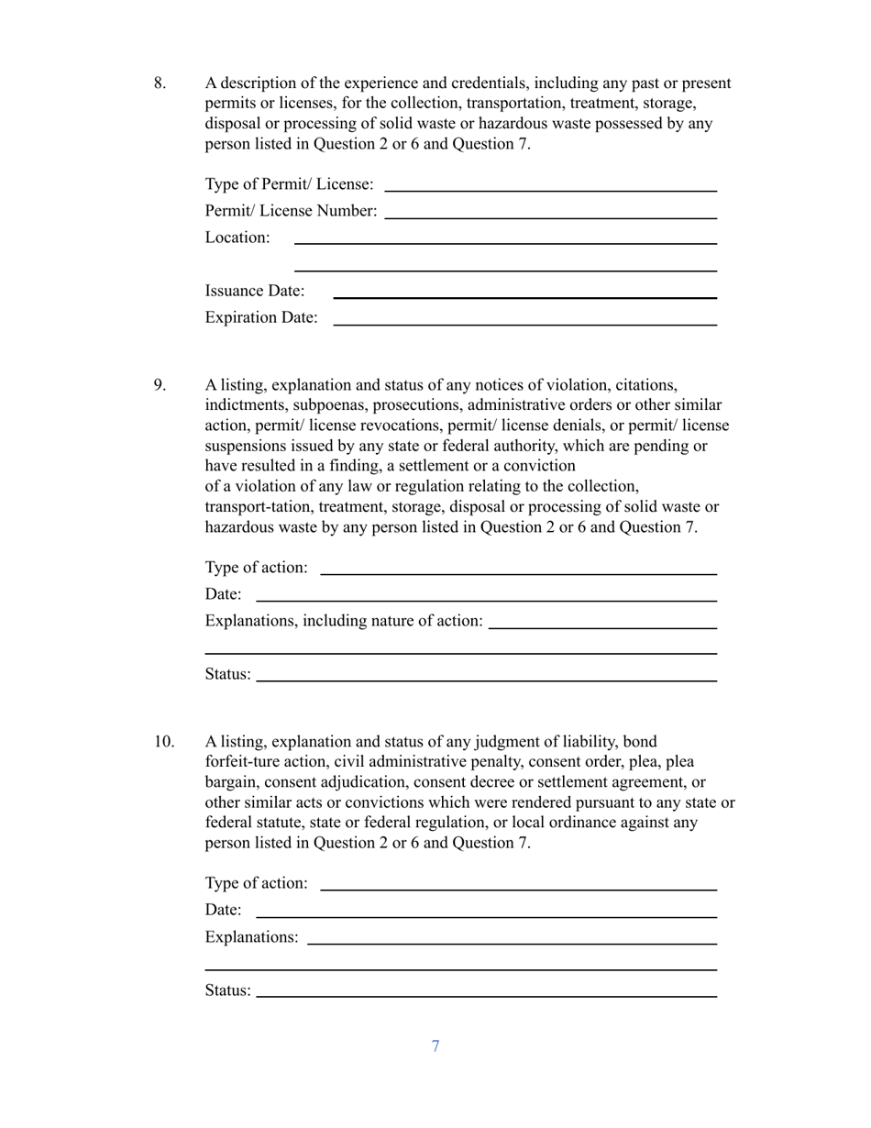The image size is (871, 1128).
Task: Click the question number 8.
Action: tap(160, 83)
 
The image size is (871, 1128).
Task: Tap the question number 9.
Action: tap(160, 385)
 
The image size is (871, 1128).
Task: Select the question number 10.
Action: tap(163, 742)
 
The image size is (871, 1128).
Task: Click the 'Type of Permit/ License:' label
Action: tap(289, 184)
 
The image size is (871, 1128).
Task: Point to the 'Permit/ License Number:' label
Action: tap(291, 211)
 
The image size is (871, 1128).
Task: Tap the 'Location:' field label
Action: tap(237, 238)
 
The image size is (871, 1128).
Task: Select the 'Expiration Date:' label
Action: tap(261, 317)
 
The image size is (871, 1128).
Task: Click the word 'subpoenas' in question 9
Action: tap(326, 405)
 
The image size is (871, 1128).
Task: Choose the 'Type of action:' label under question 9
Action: tap(257, 568)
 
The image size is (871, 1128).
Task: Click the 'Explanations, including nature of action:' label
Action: tap(344, 621)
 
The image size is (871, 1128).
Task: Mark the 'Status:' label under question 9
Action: tap(227, 674)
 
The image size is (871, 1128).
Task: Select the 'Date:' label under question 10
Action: tap(224, 910)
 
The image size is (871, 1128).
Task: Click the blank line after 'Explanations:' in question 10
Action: tap(512, 942)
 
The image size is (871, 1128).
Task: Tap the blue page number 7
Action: tap(435, 1046)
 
